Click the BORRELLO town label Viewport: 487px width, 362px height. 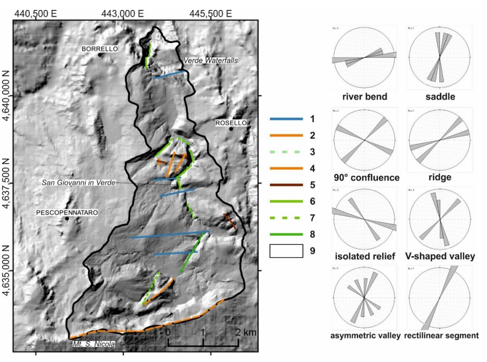99,49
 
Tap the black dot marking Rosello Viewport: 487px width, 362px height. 231,129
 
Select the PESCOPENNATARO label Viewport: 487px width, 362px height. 67,213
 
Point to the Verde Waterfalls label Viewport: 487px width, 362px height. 210,60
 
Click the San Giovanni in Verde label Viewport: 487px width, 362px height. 78,183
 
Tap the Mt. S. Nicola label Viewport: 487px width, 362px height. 94,344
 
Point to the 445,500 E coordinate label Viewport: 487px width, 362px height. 210,14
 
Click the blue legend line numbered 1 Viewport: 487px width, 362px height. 286,119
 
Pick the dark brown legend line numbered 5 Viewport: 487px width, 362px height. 286,185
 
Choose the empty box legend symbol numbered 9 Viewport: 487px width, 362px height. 286,251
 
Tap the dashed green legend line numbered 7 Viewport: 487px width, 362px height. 286,218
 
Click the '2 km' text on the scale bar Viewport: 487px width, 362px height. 246,332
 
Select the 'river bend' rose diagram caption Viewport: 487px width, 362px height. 365,97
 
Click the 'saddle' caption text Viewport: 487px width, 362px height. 440,97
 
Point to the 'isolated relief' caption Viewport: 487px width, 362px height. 365,256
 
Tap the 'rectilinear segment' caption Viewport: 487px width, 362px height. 441,336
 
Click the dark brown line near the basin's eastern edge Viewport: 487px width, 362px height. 230,221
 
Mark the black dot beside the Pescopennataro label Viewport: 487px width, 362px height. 67,219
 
